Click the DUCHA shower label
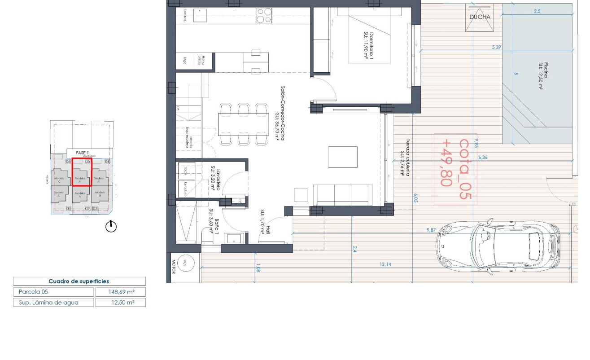click(x=480, y=17)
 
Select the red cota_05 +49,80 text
click(x=455, y=169)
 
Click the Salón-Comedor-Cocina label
click(x=280, y=113)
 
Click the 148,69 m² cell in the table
click(x=121, y=292)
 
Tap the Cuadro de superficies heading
click(x=79, y=281)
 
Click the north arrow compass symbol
click(x=111, y=227)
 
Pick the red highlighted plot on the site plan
click(x=82, y=172)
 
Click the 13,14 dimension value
click(x=385, y=264)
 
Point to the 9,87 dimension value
click(x=431, y=230)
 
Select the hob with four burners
click(x=263, y=16)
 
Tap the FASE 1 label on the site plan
click(x=82, y=153)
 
